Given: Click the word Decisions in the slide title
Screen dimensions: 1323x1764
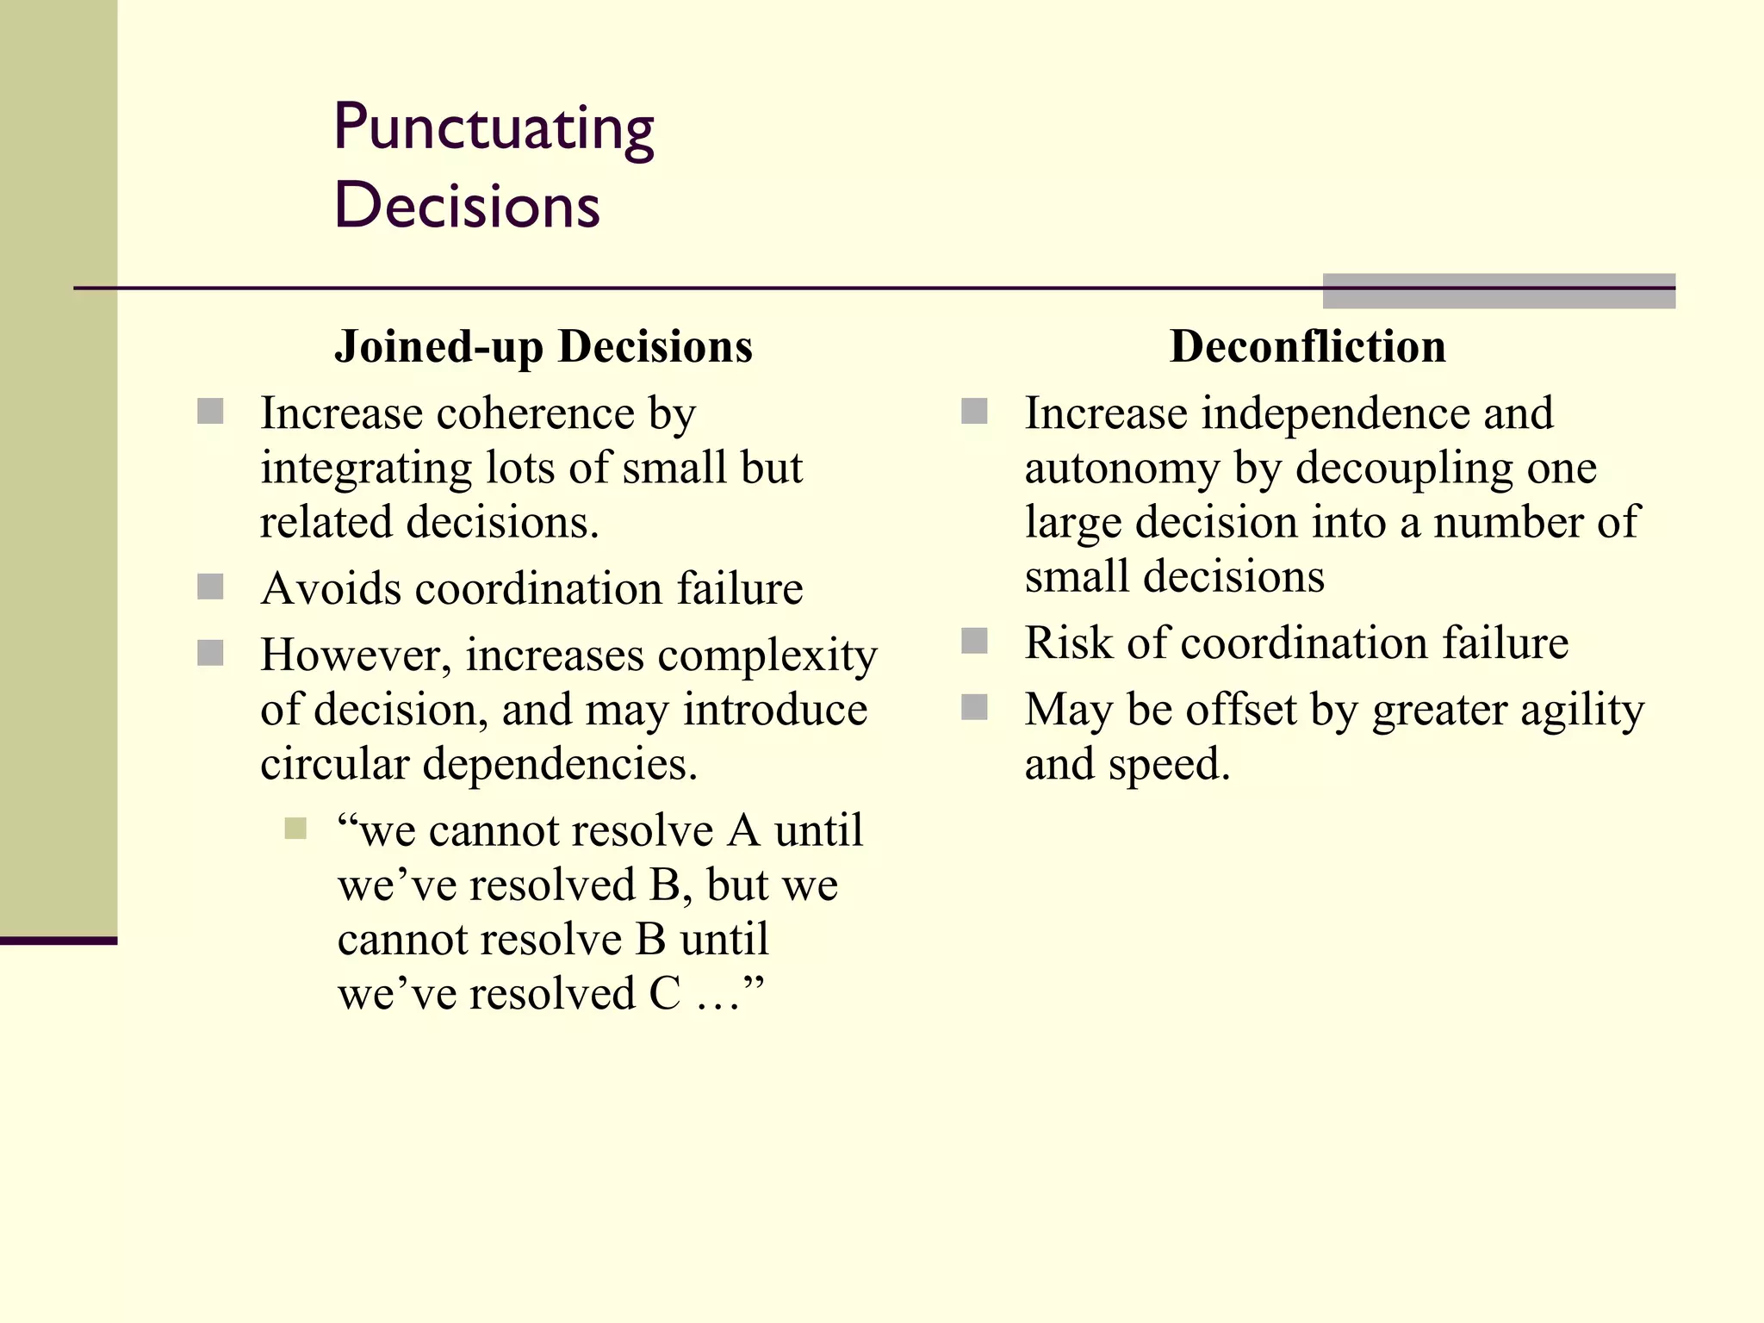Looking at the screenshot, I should [467, 207].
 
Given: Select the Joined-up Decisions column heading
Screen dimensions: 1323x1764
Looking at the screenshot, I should [543, 347].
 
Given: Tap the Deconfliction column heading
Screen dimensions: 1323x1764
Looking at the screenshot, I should [1307, 347].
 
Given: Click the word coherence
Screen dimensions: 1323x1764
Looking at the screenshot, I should [536, 414].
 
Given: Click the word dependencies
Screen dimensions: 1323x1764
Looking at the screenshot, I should [560, 765].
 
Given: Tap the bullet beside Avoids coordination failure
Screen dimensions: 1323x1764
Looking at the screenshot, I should [210, 587].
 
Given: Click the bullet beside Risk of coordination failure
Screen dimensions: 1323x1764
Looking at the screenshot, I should [974, 642].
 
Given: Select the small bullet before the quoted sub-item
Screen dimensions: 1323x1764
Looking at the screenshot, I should [295, 829].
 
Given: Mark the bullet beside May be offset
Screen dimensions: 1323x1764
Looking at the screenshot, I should [974, 708].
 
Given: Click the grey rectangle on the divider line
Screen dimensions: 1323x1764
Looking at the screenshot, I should [1499, 291].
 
